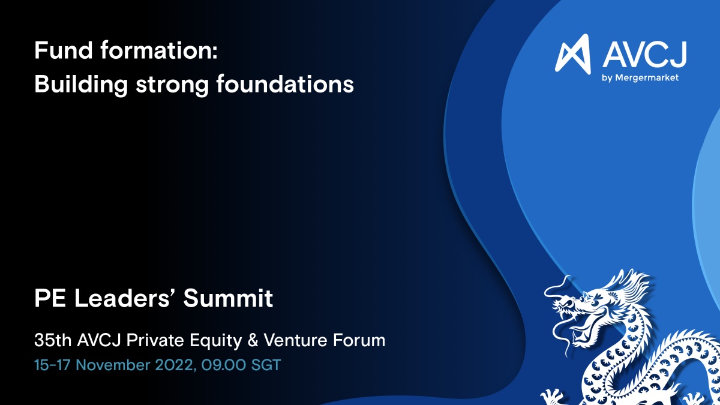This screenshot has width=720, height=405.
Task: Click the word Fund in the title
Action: (64, 50)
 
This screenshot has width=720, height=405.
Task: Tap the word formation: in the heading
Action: (159, 50)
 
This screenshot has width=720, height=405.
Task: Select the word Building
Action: (81, 85)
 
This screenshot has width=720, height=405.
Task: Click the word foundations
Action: (285, 84)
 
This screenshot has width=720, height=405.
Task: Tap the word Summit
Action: (228, 298)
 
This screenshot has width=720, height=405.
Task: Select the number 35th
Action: (53, 340)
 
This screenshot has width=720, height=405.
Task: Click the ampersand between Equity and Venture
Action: (253, 340)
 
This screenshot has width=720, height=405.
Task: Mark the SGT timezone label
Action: (266, 365)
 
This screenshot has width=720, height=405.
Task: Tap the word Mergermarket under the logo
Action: (646, 78)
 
